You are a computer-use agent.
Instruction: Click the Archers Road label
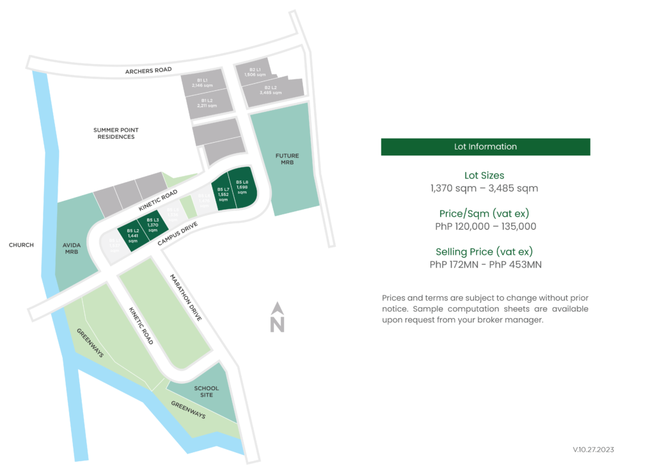pos(148,70)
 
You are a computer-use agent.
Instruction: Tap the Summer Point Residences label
pos(116,133)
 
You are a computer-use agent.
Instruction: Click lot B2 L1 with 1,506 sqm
pos(254,72)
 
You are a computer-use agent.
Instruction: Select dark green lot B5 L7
pos(223,193)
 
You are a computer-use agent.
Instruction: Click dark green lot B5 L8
pos(242,189)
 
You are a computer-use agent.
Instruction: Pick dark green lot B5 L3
pos(152,225)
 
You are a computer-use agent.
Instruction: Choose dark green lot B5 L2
pos(133,235)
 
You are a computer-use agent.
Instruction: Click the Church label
pos(21,245)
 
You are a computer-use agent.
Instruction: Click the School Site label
pos(206,391)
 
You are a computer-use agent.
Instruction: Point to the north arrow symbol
pos(277,317)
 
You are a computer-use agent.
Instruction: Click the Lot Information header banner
pos(485,146)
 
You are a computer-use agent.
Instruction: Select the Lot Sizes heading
pos(484,175)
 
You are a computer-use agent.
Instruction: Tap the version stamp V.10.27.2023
pos(593,450)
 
